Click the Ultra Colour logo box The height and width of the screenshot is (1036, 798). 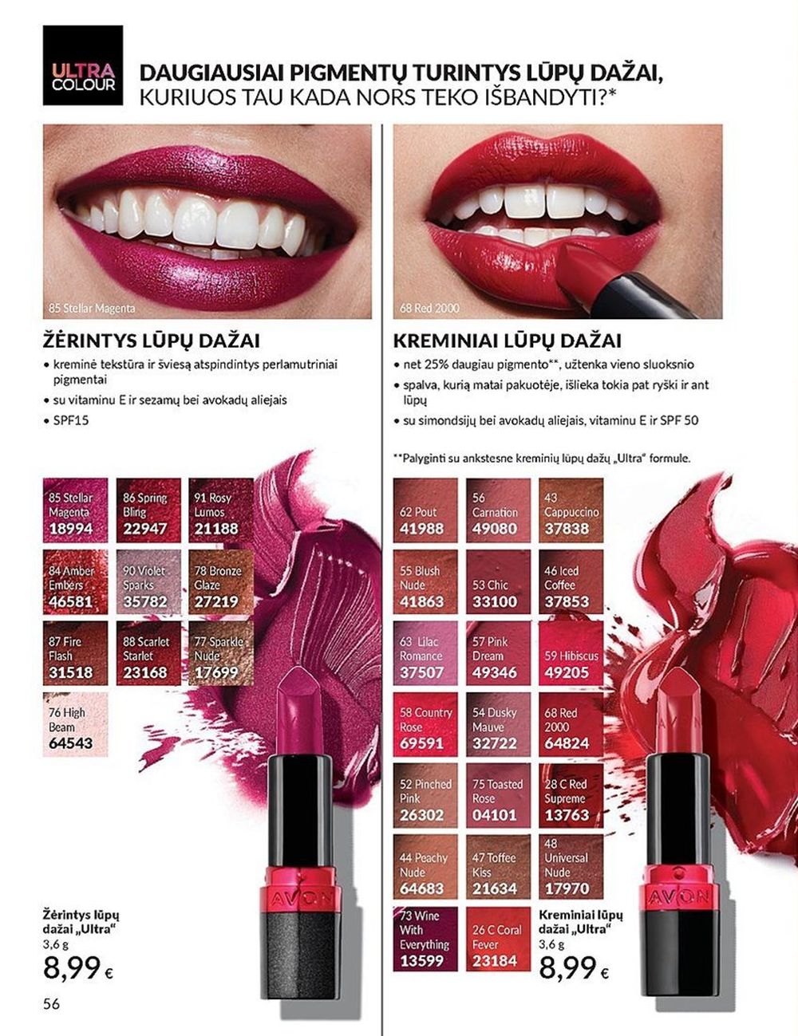[x=82, y=65]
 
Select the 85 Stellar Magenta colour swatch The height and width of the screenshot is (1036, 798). [x=75, y=510]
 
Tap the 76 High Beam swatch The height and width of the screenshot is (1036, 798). [x=75, y=724]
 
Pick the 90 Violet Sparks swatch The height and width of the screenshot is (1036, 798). [x=148, y=581]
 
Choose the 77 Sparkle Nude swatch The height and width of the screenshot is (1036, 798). [x=221, y=653]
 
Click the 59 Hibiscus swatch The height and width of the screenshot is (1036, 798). [x=571, y=653]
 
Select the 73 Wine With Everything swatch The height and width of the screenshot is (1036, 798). [x=425, y=939]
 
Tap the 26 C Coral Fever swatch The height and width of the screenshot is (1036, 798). [x=498, y=939]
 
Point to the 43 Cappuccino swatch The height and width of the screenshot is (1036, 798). [x=571, y=510]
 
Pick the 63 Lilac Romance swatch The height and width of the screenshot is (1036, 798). [x=425, y=653]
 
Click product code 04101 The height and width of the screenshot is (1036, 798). [x=495, y=815]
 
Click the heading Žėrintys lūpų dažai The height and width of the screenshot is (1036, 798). [x=152, y=341]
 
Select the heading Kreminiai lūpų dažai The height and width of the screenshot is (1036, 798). [x=507, y=341]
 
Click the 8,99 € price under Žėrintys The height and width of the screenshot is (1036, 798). [x=78, y=968]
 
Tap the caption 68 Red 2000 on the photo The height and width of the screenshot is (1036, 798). [x=430, y=308]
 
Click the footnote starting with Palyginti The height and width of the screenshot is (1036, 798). [x=542, y=459]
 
